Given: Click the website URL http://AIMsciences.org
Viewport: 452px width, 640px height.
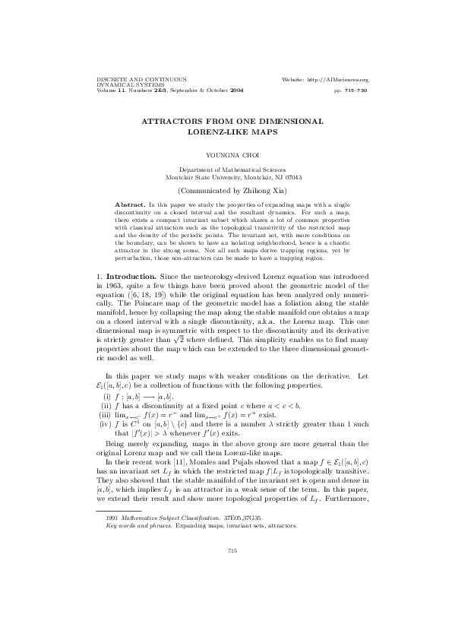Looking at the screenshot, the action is pos(334,80).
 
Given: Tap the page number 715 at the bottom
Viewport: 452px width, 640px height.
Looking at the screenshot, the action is pos(227,594).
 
